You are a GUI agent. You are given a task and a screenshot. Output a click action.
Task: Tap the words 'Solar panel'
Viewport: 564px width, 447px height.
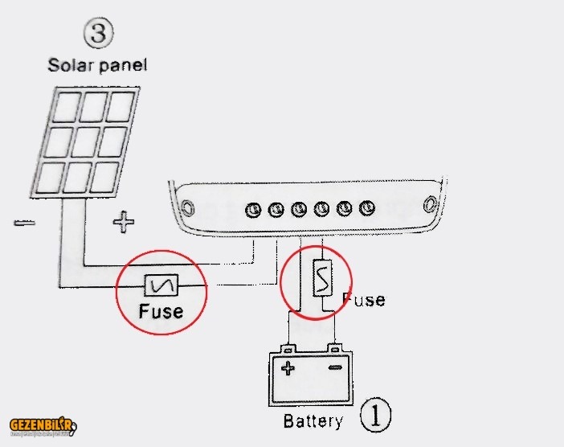click(x=97, y=65)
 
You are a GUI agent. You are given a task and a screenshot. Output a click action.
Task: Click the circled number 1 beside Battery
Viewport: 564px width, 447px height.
click(x=376, y=416)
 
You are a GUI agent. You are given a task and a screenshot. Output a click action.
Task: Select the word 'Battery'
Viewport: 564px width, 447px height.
click(x=313, y=420)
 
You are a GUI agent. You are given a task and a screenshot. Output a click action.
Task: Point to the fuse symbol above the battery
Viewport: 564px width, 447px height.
click(x=321, y=278)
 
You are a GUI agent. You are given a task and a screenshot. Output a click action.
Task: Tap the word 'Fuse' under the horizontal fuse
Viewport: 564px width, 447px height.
click(x=161, y=311)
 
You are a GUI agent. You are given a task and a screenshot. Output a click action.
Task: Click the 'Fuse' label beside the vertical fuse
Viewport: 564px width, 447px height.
click(x=363, y=299)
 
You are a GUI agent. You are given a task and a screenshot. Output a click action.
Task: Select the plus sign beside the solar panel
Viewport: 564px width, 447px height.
click(x=123, y=220)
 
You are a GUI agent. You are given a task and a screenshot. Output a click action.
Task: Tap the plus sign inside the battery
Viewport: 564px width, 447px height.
click(x=287, y=369)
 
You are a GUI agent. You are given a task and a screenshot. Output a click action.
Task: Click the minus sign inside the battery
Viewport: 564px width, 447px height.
click(x=335, y=369)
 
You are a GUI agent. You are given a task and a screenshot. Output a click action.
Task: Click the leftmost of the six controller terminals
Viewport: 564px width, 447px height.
click(x=253, y=210)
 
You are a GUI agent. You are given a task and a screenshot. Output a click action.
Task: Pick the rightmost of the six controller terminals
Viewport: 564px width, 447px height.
click(x=368, y=208)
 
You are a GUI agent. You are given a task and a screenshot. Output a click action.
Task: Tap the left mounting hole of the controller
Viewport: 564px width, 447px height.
click(x=188, y=207)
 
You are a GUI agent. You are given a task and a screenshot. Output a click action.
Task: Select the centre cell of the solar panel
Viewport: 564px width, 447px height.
click(x=84, y=141)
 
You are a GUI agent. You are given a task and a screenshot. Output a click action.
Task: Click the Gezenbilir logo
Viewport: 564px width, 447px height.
click(x=43, y=425)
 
